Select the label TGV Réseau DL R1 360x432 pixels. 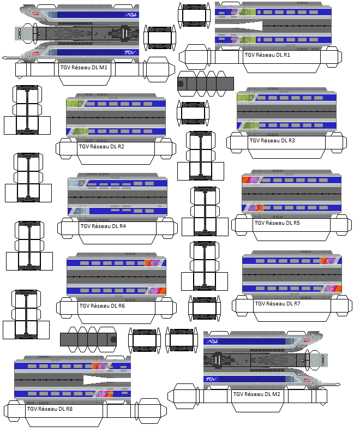(267, 55)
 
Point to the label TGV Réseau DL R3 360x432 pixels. (272, 140)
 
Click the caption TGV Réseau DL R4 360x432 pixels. (103, 226)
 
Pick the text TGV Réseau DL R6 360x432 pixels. (102, 305)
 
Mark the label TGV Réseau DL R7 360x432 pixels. (278, 303)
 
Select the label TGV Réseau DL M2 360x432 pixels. (256, 394)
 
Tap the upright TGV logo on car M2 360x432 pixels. (212, 379)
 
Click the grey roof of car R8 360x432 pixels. (65, 378)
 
